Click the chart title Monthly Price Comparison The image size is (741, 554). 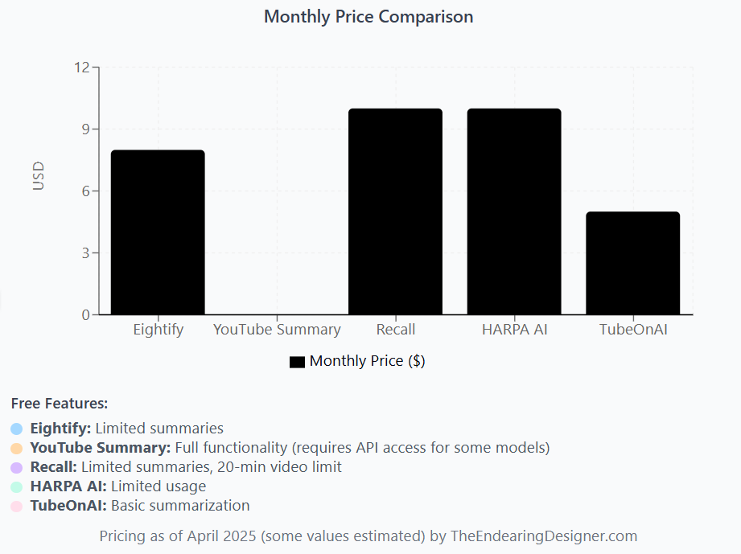click(x=368, y=17)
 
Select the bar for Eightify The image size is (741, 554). click(x=158, y=232)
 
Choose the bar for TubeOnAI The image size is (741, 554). click(x=632, y=263)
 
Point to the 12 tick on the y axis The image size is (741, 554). click(x=81, y=68)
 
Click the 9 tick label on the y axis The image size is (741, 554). click(x=85, y=129)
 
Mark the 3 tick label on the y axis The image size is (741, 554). click(x=85, y=253)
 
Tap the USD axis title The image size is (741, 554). click(x=39, y=176)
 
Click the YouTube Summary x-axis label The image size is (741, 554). click(x=277, y=330)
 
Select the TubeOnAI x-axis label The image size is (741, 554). click(x=633, y=330)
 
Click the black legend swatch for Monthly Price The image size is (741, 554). click(x=297, y=362)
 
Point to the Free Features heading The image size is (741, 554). click(x=60, y=403)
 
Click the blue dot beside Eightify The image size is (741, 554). click(x=17, y=429)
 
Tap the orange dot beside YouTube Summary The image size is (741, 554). click(x=17, y=448)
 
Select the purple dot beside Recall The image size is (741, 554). click(x=17, y=467)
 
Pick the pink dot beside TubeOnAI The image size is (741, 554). click(x=17, y=506)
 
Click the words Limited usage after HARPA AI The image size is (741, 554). click(x=158, y=486)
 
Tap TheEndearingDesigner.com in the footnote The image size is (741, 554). click(x=545, y=536)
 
